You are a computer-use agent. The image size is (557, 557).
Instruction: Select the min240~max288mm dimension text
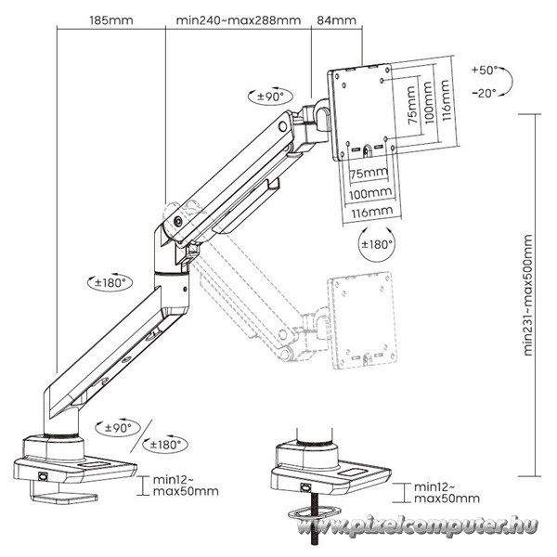click(x=238, y=19)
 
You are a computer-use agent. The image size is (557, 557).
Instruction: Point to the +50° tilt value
click(x=484, y=71)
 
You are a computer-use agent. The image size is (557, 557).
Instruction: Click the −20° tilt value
click(x=484, y=92)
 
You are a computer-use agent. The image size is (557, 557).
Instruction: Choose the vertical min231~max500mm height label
click(x=528, y=294)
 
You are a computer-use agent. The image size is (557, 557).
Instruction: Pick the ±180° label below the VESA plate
click(x=376, y=244)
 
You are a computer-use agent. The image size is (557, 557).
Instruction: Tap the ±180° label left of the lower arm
click(x=109, y=281)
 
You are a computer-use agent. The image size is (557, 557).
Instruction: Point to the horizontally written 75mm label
click(x=369, y=174)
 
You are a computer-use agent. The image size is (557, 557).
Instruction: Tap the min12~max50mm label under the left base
click(x=187, y=486)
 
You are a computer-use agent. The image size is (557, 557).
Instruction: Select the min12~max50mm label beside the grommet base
click(x=446, y=492)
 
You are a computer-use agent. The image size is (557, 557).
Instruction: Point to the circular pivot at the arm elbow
click(x=177, y=221)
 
